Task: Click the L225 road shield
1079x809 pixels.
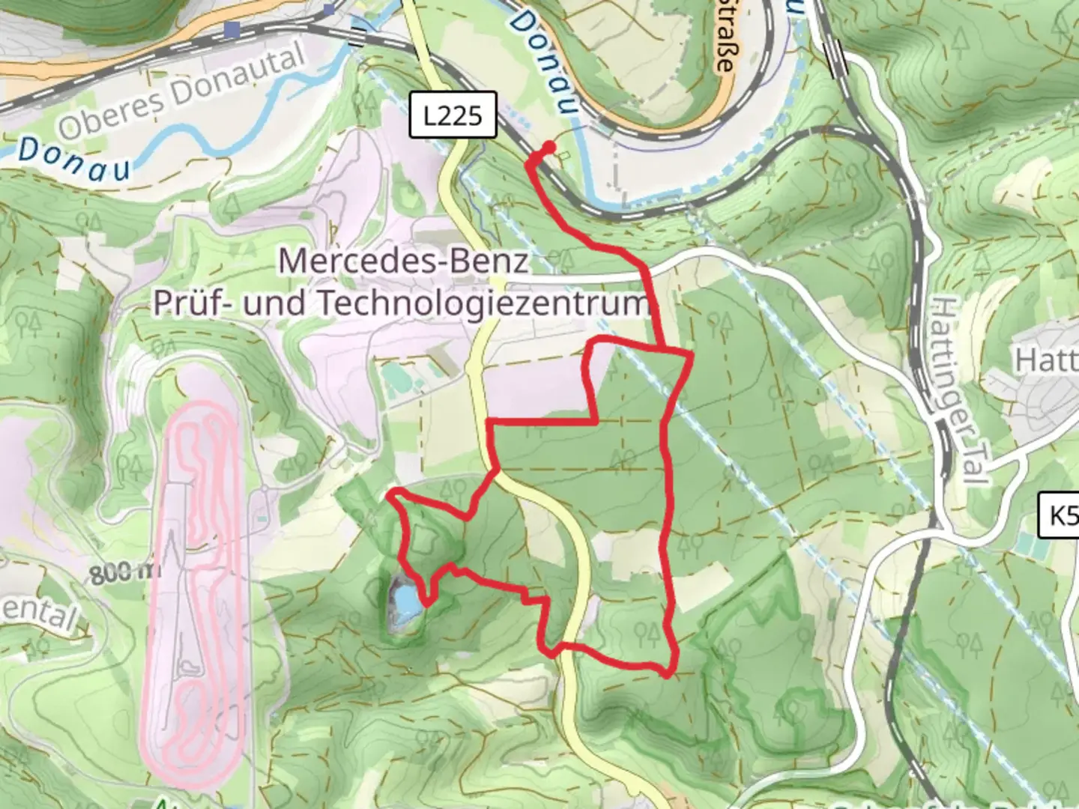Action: point(453,115)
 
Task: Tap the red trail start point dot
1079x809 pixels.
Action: point(549,147)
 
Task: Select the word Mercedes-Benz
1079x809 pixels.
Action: point(404,261)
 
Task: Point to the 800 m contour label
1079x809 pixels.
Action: point(125,574)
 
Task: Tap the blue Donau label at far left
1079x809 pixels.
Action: point(73,160)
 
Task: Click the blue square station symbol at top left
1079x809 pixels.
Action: point(234,30)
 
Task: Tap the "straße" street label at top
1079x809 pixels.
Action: point(722,45)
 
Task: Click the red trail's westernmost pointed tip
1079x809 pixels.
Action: point(389,494)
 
